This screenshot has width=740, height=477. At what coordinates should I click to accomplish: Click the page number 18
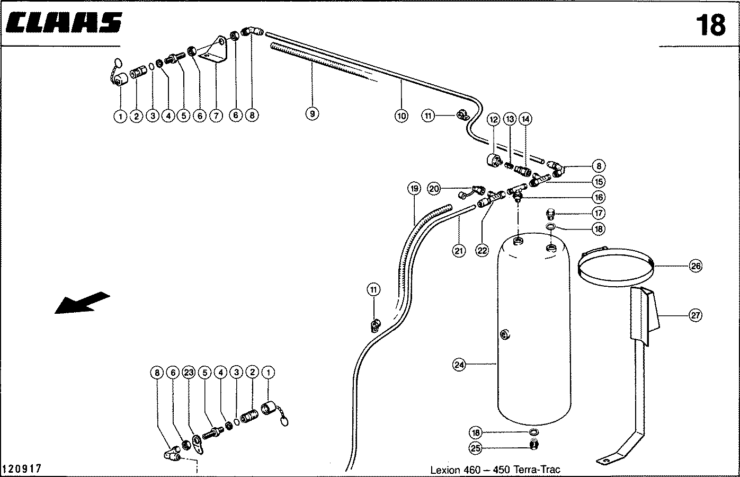[x=710, y=25]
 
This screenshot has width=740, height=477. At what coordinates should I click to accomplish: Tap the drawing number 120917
[x=22, y=469]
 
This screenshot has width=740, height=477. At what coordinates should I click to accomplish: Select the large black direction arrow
[x=82, y=303]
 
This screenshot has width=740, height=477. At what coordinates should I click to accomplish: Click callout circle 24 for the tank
[x=459, y=365]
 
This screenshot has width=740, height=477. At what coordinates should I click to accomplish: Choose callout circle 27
[x=696, y=315]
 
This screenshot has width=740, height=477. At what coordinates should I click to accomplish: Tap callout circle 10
[x=401, y=115]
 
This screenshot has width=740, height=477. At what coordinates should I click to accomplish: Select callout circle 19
[x=414, y=188]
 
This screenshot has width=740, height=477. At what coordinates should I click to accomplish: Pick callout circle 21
[x=459, y=251]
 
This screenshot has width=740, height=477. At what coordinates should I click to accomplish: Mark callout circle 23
[x=188, y=373]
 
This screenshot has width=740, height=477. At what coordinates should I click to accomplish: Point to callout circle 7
[x=216, y=115]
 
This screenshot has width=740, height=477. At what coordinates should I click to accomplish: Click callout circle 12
[x=494, y=120]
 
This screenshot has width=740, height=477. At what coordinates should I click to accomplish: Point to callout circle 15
[x=599, y=181]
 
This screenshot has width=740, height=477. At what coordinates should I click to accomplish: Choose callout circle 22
[x=482, y=251]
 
